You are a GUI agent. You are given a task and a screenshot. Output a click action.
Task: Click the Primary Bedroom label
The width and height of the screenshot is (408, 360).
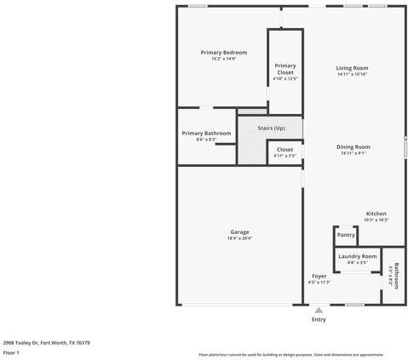224,53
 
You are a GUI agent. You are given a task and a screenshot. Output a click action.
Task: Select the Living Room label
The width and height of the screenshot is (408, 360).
352,68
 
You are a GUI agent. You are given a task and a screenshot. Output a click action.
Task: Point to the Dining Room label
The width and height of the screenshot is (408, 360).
353,146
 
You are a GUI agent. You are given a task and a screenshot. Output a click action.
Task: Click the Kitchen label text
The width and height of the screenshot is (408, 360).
376,213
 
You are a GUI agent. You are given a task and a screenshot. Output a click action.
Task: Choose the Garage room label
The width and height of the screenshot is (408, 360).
239,231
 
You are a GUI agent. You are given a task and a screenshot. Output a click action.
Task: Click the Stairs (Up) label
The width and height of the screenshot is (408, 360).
270,128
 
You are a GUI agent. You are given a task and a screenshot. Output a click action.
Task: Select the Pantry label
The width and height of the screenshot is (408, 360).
345,235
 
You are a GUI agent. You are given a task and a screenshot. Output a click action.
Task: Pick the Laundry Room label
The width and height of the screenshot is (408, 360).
357,256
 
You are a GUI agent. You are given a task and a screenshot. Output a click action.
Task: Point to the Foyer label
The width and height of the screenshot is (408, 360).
319,277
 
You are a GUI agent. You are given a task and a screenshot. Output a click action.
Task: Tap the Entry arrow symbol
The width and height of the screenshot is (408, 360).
319,311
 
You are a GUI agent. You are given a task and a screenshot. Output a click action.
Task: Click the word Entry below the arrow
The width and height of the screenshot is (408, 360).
319,320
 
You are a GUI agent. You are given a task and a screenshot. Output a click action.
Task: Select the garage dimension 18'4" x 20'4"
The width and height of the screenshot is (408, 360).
239,238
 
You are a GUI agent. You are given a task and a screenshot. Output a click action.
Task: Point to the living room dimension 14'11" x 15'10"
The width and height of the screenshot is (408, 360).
352,74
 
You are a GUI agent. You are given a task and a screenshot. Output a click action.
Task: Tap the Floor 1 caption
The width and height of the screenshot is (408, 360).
11,351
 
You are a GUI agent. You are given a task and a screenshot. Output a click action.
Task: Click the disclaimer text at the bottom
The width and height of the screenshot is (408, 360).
290,354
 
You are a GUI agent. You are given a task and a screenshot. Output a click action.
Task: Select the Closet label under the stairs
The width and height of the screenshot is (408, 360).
284,150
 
